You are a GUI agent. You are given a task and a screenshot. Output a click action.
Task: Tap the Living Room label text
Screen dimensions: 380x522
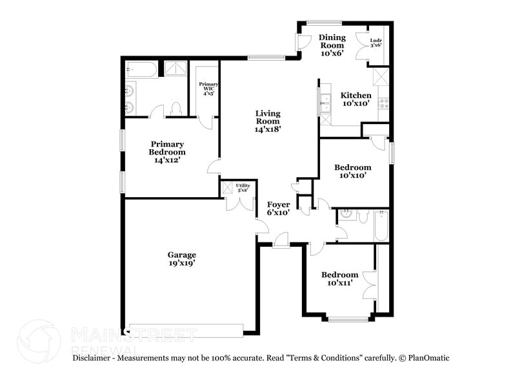pyautogui.click(x=267, y=120)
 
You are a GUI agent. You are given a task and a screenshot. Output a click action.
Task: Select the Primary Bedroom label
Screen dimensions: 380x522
pyautogui.click(x=167, y=152)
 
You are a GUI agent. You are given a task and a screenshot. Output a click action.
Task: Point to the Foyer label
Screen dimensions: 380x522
pyautogui.click(x=278, y=208)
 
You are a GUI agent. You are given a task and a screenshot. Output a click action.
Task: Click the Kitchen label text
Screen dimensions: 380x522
pyautogui.click(x=356, y=99)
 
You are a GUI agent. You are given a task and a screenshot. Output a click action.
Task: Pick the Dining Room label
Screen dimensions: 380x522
pyautogui.click(x=332, y=45)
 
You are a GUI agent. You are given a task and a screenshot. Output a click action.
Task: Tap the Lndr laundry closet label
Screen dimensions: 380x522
pyautogui.click(x=376, y=43)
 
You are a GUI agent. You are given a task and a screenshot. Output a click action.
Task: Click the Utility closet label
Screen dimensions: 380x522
pyautogui.click(x=243, y=188)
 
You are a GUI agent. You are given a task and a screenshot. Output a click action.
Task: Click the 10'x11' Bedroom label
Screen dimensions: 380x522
pyautogui.click(x=340, y=279)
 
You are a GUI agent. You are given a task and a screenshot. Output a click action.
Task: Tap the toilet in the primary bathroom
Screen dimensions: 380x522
pyautogui.click(x=176, y=109)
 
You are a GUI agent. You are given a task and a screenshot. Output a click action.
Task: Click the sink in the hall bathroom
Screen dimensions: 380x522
pyautogui.click(x=345, y=216)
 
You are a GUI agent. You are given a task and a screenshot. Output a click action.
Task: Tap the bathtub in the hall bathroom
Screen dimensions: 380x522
pyautogui.click(x=381, y=226)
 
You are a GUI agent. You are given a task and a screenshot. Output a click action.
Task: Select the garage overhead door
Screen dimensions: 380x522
pyautogui.click(x=186, y=330)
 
